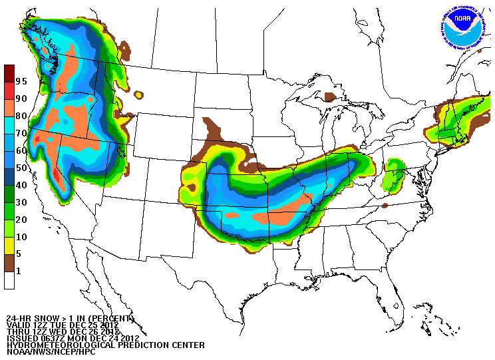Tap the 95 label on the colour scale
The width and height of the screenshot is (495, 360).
point(21,81)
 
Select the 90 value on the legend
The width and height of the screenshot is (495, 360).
point(21,98)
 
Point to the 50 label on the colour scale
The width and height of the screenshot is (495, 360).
point(21,168)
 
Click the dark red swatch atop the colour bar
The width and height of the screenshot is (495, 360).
point(9,73)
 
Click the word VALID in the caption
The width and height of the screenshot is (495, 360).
point(19,325)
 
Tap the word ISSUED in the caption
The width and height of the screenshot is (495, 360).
point(22,338)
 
